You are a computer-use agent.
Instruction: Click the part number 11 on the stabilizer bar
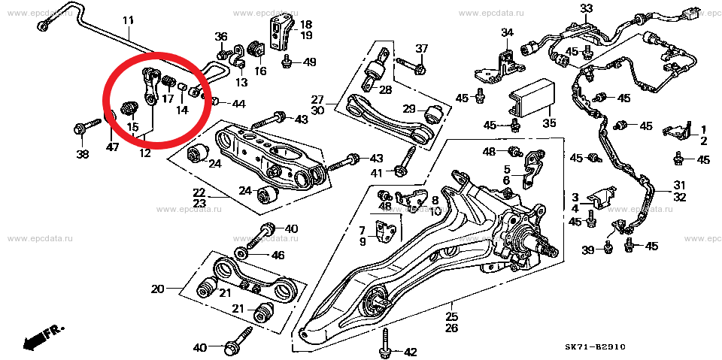[x=128, y=20]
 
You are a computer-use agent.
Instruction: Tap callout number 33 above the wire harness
[x=586, y=9]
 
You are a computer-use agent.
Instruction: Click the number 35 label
[x=548, y=123]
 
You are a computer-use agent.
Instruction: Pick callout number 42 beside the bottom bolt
[x=410, y=352]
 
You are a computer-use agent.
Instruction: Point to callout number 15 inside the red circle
[x=132, y=126]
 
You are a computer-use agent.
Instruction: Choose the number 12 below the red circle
[x=144, y=153]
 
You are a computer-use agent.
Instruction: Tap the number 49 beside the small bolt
[x=309, y=62]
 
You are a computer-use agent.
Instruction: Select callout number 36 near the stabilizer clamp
[x=220, y=37]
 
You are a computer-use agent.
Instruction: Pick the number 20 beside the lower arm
[x=157, y=289]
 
